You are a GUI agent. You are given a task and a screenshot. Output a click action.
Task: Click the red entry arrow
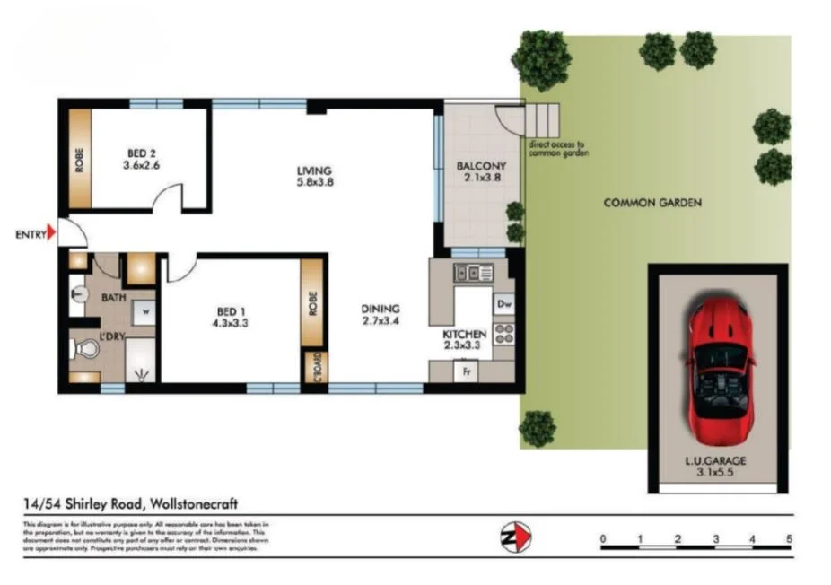coord(52,235)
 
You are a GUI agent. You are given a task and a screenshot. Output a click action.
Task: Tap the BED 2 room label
coord(140,153)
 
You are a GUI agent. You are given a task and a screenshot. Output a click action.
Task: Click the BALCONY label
coord(481,166)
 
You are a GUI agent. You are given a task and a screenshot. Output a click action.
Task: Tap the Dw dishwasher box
coord(503,304)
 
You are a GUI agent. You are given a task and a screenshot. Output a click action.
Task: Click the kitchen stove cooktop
coord(503,334)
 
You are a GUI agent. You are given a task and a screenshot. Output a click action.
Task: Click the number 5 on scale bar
coord(789,538)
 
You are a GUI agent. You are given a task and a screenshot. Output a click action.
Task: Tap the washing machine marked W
coord(144,311)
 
